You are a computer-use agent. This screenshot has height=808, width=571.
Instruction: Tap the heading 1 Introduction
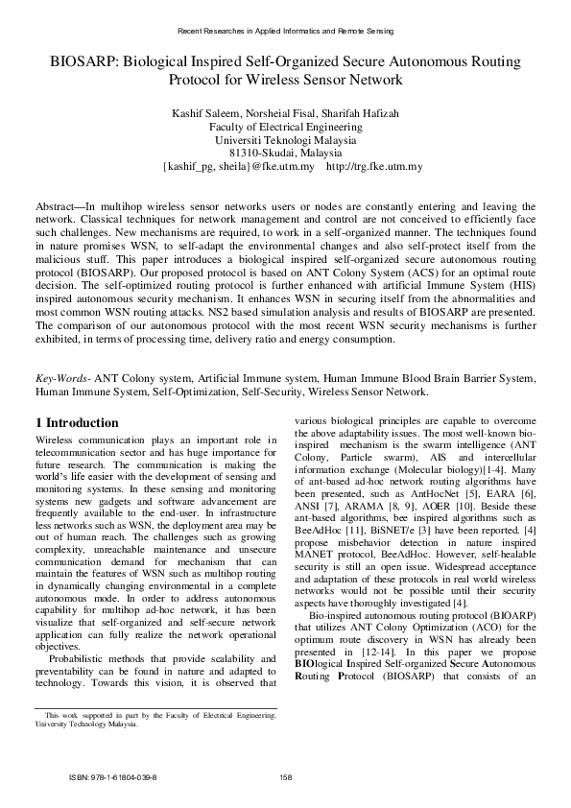[77, 422]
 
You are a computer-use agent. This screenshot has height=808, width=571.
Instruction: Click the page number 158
[285, 776]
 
